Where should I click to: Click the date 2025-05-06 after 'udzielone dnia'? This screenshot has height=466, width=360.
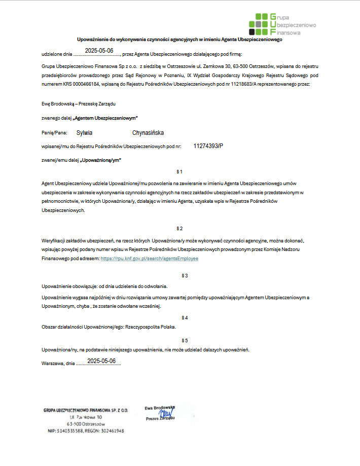click(99, 51)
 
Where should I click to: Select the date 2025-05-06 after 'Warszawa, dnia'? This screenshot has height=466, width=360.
click(101, 361)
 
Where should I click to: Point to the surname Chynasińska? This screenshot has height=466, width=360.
click(148, 133)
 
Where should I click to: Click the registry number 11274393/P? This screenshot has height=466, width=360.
click(208, 146)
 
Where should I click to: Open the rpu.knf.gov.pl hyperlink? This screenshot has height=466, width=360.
click(150, 259)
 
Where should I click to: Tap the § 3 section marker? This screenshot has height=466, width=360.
click(185, 275)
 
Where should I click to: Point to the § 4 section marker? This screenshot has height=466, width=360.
click(185, 317)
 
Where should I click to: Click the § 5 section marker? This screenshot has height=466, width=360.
click(185, 340)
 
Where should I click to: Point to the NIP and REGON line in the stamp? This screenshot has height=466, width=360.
click(84, 431)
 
